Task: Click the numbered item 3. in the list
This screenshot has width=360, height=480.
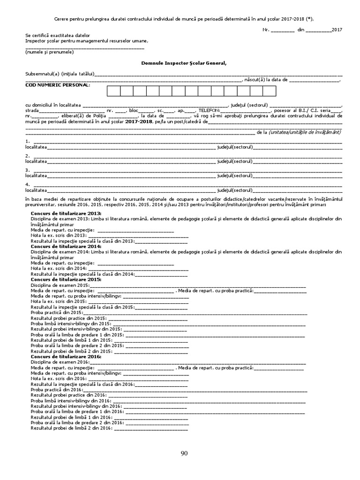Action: click(28, 170)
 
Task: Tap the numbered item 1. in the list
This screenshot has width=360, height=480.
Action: click(28, 141)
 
